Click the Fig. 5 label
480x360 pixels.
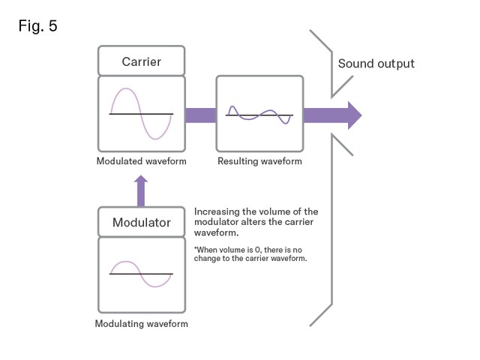[37, 26]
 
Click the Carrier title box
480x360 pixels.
[141, 61]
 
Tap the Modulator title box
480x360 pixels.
[141, 223]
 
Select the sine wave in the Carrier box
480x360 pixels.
[141, 114]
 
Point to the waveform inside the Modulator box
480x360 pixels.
[141, 274]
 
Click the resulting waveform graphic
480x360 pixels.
[259, 114]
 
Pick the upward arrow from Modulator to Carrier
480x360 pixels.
[141, 190]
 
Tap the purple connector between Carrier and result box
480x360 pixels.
[199, 115]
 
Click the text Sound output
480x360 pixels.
[376, 63]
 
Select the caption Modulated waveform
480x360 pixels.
[141, 161]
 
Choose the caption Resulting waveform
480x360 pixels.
[259, 161]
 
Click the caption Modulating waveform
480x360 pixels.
[141, 324]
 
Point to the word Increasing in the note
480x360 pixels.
[216, 212]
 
